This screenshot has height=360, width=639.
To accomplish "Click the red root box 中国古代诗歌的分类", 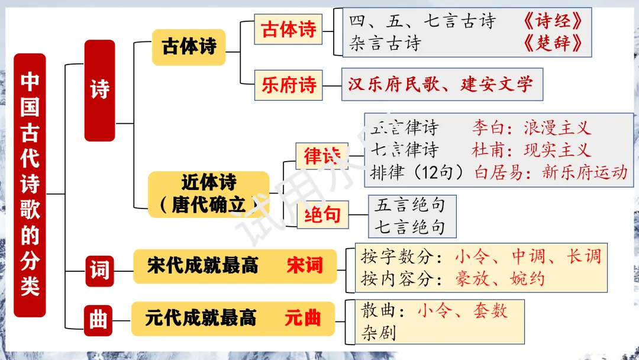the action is pos(30,185).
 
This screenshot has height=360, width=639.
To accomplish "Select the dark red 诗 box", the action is pos(99,90).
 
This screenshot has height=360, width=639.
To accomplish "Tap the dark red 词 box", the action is pos(99,270).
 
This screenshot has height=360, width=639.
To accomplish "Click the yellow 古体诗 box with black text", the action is pos(189,47).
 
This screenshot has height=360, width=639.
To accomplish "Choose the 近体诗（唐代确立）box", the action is pos(208,194).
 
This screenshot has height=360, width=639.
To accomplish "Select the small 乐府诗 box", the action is pos(289,85).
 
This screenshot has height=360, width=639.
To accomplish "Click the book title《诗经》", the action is pos(554,22).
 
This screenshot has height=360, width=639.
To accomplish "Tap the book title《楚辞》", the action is pos(554,43).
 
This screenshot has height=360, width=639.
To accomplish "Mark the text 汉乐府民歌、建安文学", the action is pos(440,84).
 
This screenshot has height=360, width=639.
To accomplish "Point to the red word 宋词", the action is pos(304,265).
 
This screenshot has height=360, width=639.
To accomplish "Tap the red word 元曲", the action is pos(302,319).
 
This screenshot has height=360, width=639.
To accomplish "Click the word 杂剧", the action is pos(378,333).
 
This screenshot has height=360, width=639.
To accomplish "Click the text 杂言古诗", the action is pos(385,43).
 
